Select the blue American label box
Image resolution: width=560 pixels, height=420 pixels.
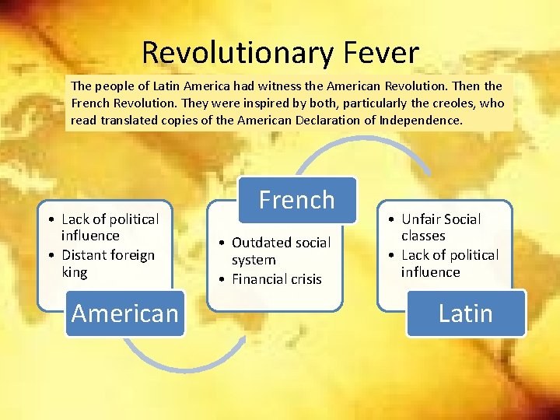pyautogui.click(x=124, y=313)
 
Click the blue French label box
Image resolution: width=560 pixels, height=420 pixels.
pyautogui.click(x=296, y=200)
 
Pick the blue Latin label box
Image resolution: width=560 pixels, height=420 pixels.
pyautogui.click(x=465, y=313)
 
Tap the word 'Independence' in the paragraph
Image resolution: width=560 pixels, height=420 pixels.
pyautogui.click(x=422, y=121)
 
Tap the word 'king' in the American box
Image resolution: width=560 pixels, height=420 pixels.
pyautogui.click(x=75, y=272)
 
